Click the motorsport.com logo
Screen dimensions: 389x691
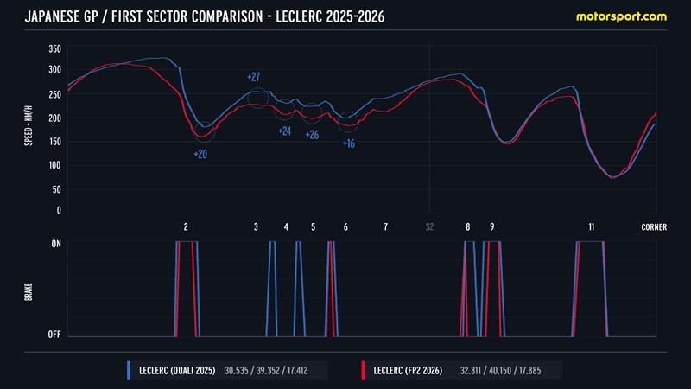click(623, 16)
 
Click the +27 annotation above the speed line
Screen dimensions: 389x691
click(254, 78)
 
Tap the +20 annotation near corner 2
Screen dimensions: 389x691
click(200, 154)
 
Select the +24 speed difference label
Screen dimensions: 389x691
click(284, 131)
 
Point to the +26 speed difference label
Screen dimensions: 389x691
click(312, 135)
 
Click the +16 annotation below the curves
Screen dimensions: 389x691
click(348, 143)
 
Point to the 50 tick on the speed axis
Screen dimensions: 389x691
click(57, 188)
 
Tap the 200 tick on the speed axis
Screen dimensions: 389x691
click(54, 118)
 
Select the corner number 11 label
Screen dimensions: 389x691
click(592, 227)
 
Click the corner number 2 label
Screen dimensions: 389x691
click(186, 227)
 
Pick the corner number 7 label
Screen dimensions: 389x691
click(385, 227)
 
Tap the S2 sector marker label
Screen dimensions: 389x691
click(429, 227)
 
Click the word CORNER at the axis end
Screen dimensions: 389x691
click(654, 227)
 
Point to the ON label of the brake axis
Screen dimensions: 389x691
click(55, 244)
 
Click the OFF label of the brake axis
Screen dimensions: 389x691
click(54, 335)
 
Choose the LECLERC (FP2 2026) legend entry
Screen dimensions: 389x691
click(407, 370)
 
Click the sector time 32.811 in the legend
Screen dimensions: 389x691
click(466, 370)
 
